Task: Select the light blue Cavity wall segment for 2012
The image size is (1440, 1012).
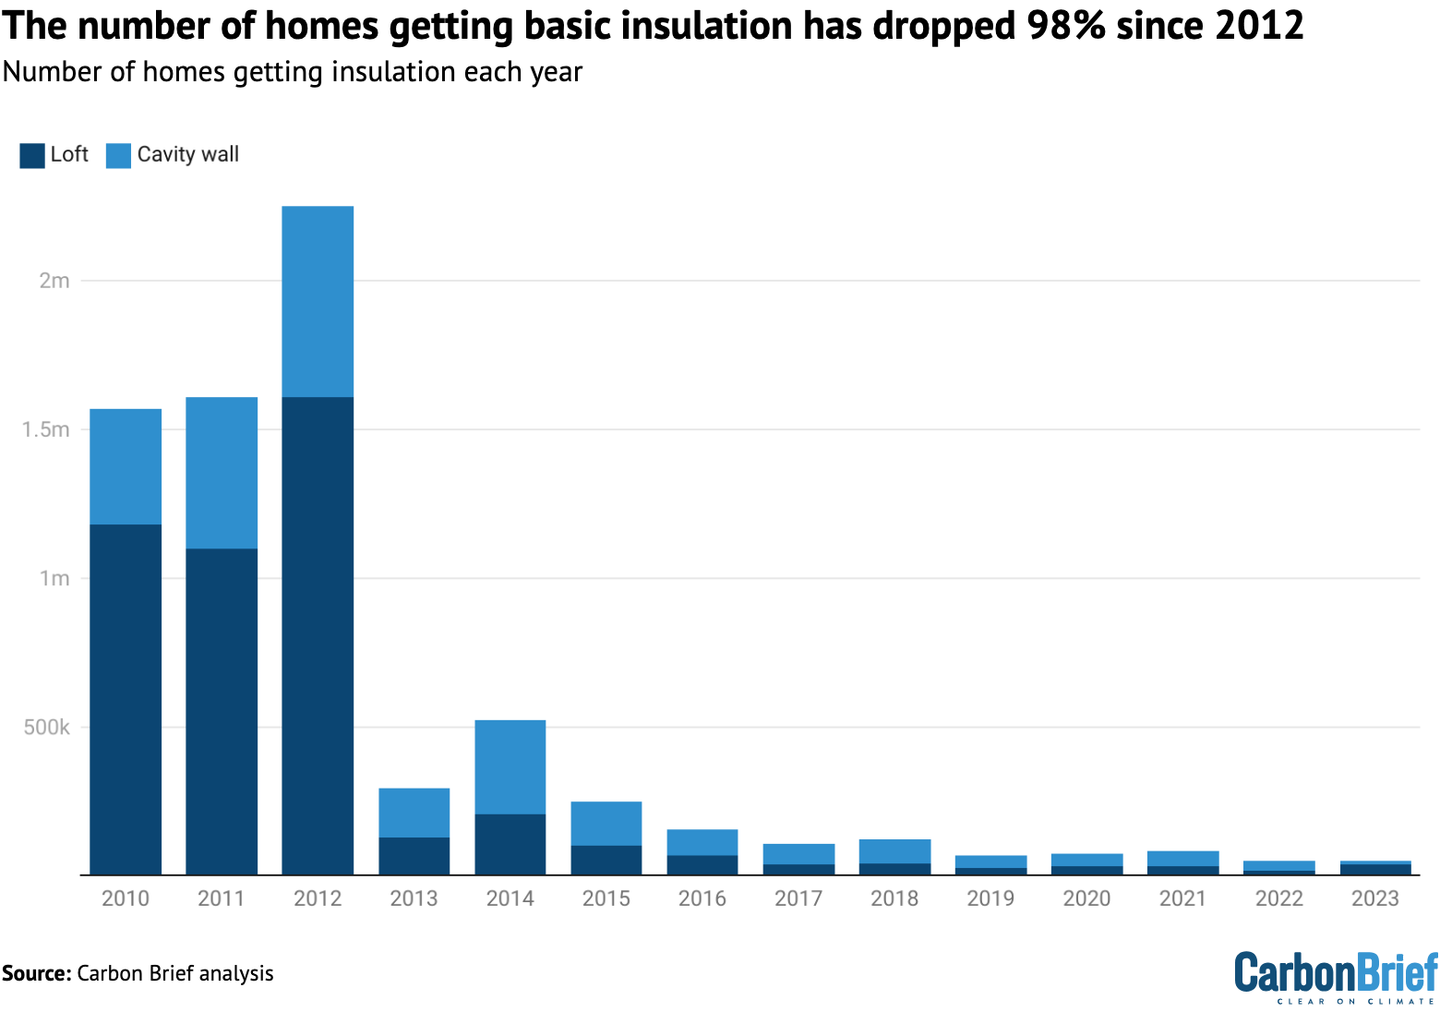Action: click(x=318, y=301)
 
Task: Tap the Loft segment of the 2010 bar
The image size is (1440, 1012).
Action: click(x=126, y=699)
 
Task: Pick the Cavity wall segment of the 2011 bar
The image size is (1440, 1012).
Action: click(x=222, y=473)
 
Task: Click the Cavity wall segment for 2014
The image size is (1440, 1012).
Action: click(x=510, y=766)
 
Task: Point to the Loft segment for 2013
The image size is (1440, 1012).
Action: click(x=414, y=856)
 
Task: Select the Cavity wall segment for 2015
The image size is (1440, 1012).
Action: click(x=606, y=823)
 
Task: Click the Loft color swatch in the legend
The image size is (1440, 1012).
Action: click(x=32, y=155)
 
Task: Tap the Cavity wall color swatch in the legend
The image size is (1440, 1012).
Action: click(x=118, y=155)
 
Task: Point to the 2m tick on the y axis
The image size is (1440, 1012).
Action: click(x=54, y=281)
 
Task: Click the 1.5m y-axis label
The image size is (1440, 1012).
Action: click(x=46, y=429)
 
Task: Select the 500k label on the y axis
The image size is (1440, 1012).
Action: click(x=46, y=728)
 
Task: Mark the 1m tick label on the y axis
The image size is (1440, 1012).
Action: click(x=54, y=578)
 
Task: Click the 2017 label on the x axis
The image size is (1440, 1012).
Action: click(x=798, y=898)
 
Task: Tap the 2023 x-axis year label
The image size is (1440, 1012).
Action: click(x=1375, y=898)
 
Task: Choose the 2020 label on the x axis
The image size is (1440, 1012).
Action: click(x=1086, y=898)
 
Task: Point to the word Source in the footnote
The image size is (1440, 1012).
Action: click(x=36, y=973)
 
